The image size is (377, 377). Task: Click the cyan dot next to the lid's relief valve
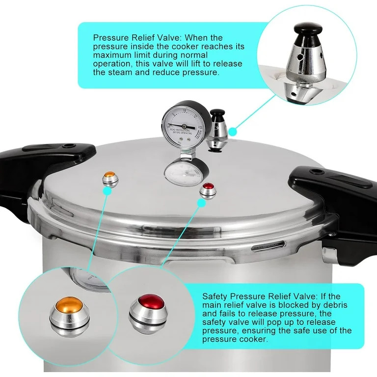(x=234, y=131)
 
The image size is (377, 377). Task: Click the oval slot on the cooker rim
(x=268, y=246)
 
